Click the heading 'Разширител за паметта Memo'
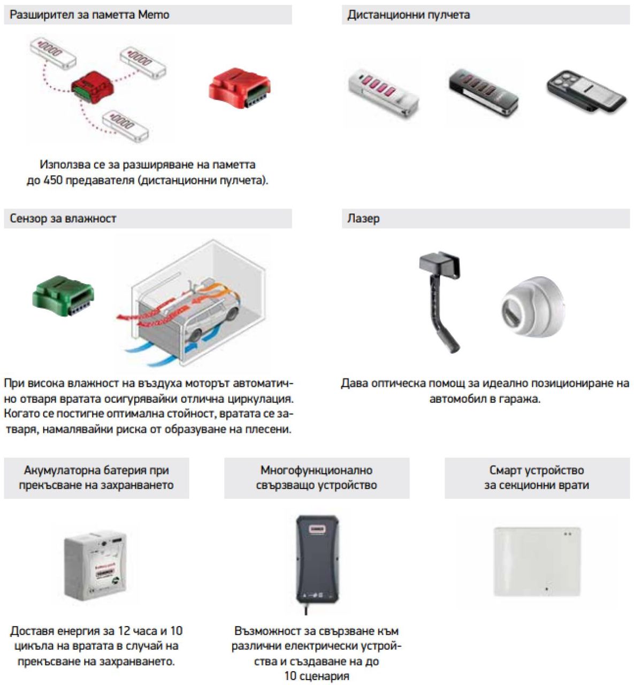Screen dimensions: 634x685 click(89, 15)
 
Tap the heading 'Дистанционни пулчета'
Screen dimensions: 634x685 click(408, 15)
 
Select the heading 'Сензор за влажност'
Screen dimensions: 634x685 click(63, 218)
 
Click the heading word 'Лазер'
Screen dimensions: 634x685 click(363, 218)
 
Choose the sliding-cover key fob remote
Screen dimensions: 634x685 click(586, 91)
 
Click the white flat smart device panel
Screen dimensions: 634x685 click(537, 561)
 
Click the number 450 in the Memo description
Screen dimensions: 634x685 click(53, 180)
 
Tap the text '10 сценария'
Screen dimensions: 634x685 click(317, 676)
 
